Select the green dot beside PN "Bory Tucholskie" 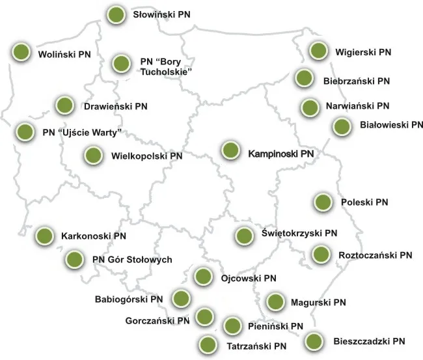(x=121, y=63)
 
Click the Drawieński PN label (x=115, y=105)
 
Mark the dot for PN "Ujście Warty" (x=24, y=132)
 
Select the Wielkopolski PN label (x=147, y=156)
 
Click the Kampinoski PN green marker (x=230, y=150)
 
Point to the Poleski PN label (x=364, y=202)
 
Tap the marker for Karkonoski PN (x=45, y=236)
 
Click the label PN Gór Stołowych (x=132, y=260)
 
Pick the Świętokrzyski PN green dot (x=244, y=236)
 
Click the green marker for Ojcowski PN (x=203, y=277)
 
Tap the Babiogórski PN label (x=129, y=299)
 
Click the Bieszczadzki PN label (x=370, y=340)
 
